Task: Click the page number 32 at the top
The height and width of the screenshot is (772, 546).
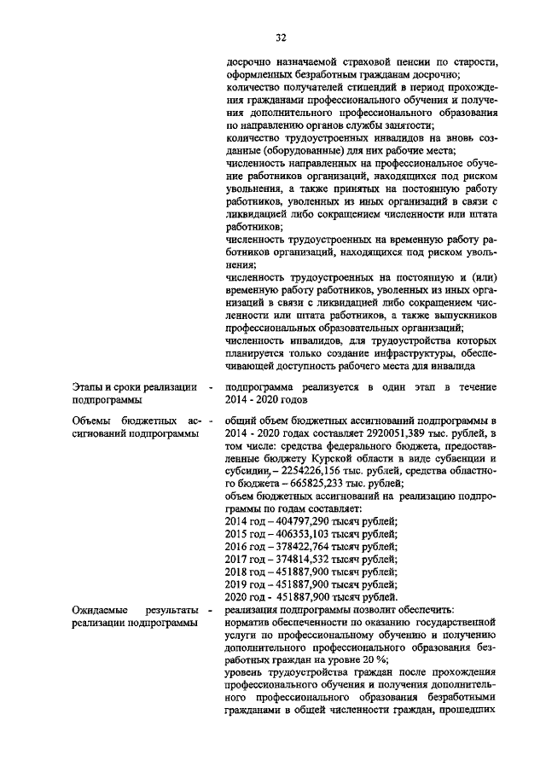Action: [x=281, y=37]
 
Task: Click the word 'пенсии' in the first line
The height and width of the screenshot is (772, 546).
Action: [x=396, y=62]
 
